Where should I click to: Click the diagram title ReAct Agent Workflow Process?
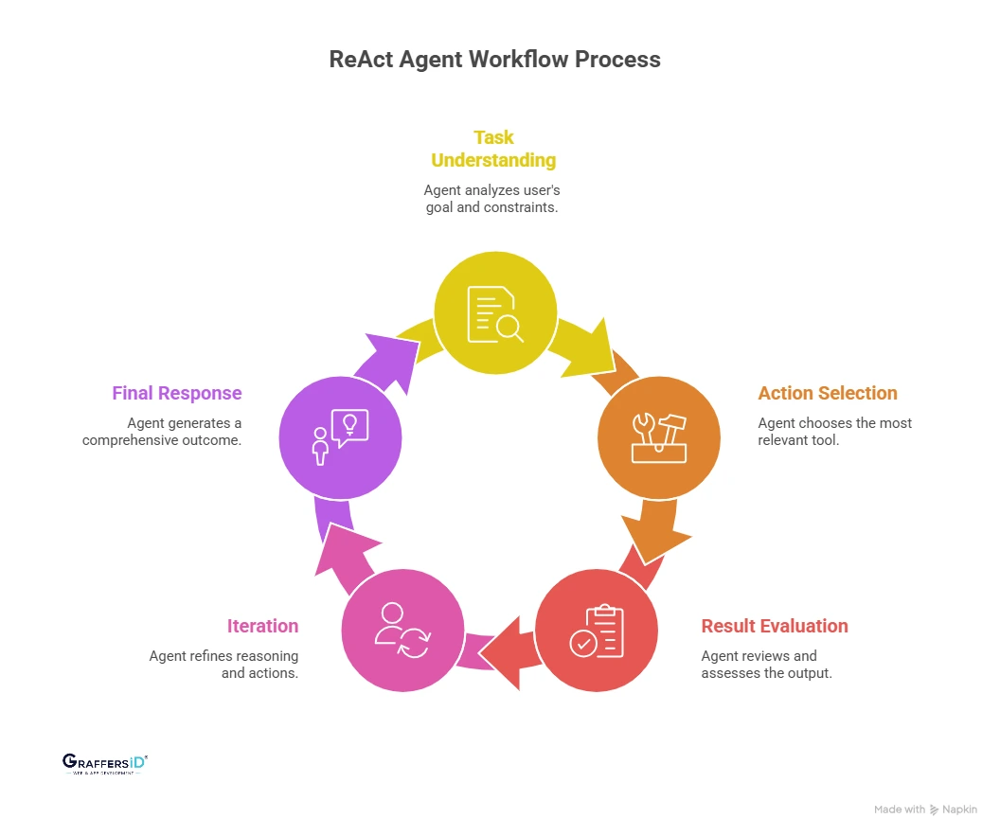click(494, 59)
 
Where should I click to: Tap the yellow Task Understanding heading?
click(493, 149)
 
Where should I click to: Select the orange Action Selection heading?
click(827, 393)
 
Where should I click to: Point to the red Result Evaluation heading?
click(774, 626)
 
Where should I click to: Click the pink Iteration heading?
click(262, 626)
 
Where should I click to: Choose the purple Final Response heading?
click(177, 393)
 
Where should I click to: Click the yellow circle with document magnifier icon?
click(495, 313)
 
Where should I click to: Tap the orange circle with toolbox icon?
click(659, 437)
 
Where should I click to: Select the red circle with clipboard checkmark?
click(597, 631)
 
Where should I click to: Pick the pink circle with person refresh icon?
click(402, 631)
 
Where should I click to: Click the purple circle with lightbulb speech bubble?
click(340, 437)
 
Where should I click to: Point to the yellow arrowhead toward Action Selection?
click(596, 345)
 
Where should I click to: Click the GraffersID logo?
click(105, 764)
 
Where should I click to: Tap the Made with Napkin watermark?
click(925, 809)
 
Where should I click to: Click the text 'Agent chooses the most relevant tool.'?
click(834, 432)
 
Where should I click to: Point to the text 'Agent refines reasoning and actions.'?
click(223, 665)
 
